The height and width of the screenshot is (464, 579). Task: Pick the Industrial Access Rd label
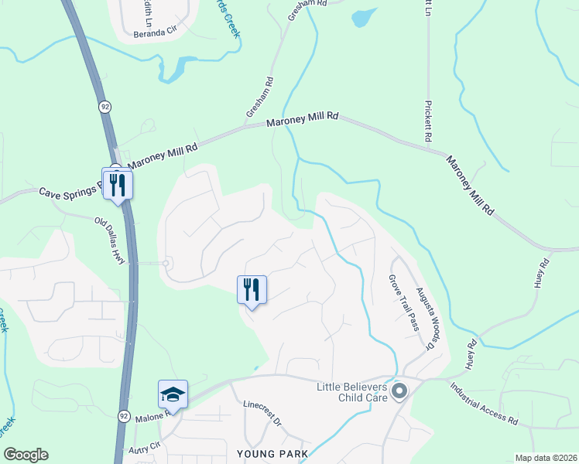click(484, 404)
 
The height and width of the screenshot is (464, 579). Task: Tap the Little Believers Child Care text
click(351, 392)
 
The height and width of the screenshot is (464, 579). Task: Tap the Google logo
click(26, 455)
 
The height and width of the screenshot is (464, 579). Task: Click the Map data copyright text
click(545, 458)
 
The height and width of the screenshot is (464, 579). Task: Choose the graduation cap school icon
click(173, 394)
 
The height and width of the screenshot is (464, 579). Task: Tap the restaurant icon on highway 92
click(118, 184)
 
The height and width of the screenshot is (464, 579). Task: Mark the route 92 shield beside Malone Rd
click(124, 415)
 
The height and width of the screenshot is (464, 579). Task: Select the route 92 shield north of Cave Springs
click(103, 105)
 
